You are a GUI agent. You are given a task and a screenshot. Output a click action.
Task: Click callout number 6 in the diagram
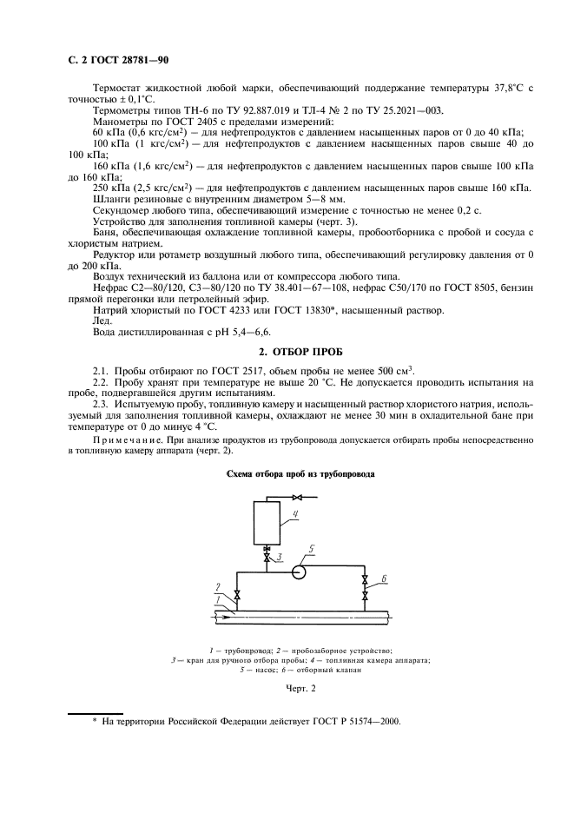point(384,578)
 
